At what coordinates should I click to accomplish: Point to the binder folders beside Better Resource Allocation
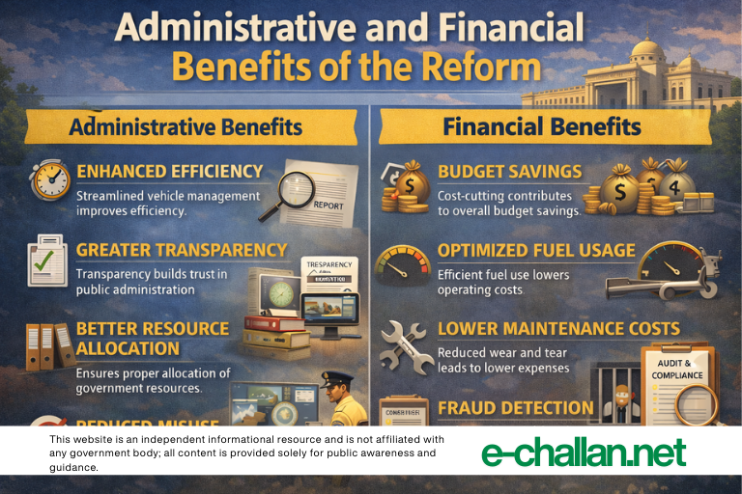(x=48, y=345)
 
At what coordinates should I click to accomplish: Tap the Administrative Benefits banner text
(x=185, y=127)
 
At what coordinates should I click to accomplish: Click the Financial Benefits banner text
(x=541, y=127)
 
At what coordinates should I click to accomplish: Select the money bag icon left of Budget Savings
(x=404, y=187)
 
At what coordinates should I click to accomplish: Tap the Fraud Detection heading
(x=515, y=408)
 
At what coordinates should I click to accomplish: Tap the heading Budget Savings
(x=509, y=172)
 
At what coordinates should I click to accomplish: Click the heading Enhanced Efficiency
(x=169, y=172)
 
